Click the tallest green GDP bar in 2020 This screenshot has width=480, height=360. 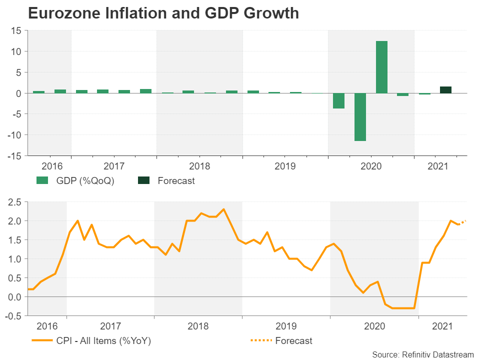(381, 67)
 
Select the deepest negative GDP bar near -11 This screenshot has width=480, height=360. (360, 117)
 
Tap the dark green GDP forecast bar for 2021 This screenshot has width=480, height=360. (445, 90)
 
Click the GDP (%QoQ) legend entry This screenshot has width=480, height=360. (75, 180)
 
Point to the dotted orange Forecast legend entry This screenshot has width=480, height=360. (281, 340)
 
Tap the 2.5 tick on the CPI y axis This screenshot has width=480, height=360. (14, 202)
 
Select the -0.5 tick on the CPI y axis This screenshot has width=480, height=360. (13, 315)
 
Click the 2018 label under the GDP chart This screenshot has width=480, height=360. (199, 165)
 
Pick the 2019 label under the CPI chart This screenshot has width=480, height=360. (286, 326)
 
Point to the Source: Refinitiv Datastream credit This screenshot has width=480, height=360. (422, 354)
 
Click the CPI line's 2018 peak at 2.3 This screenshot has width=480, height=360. (223, 209)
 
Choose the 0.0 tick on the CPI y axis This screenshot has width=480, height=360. (15, 296)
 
